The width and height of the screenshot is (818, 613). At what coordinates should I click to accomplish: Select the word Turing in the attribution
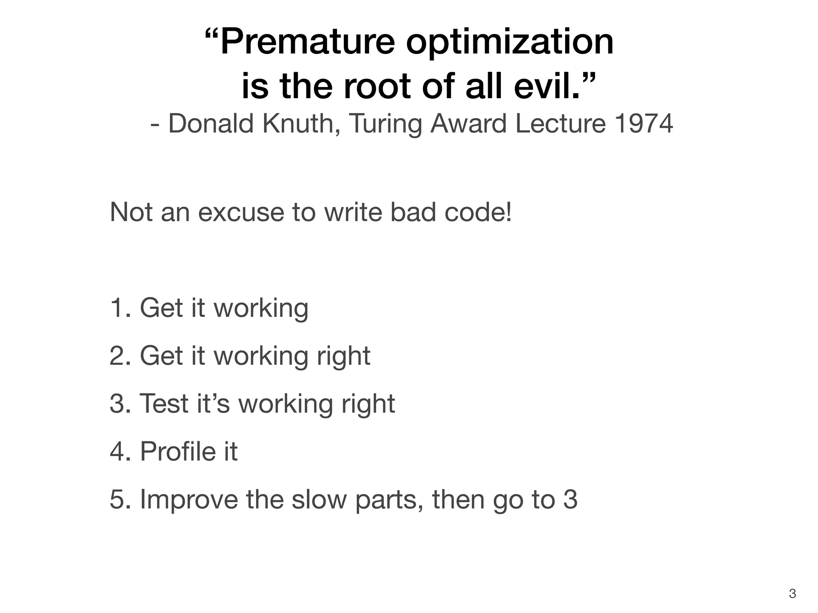[385, 124]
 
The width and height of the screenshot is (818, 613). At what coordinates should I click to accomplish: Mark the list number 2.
[119, 356]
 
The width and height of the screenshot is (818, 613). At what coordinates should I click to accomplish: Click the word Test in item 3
[164, 403]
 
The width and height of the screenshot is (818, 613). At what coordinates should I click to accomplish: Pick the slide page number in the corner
[793, 594]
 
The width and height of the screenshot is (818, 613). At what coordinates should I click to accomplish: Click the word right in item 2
[343, 356]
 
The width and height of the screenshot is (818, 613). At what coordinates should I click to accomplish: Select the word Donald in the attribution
[211, 123]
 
